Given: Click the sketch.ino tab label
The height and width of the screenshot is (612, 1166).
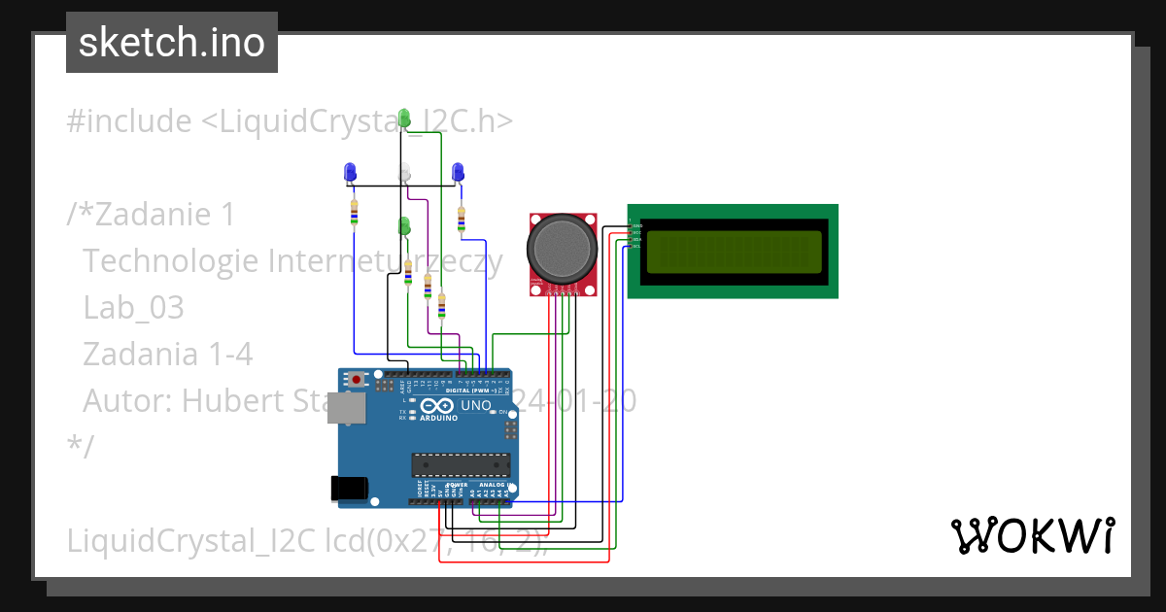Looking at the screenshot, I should click(171, 43).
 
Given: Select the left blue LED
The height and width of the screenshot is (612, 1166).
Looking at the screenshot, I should click(351, 173).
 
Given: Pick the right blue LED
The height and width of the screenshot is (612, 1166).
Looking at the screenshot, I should click(459, 173).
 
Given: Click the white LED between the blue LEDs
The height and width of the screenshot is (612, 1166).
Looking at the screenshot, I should click(406, 173).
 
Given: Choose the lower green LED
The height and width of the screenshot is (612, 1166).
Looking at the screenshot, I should click(404, 225).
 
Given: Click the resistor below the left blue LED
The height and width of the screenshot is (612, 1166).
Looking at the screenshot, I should click(354, 211).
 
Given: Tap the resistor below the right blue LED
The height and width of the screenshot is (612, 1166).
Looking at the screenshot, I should click(462, 219).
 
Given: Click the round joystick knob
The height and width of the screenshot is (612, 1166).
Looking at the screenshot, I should click(561, 249).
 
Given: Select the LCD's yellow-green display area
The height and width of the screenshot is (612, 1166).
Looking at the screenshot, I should click(731, 252).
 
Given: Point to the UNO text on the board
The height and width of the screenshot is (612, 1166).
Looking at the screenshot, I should click(475, 405).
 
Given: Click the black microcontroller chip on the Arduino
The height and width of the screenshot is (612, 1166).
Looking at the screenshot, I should click(460, 466).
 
